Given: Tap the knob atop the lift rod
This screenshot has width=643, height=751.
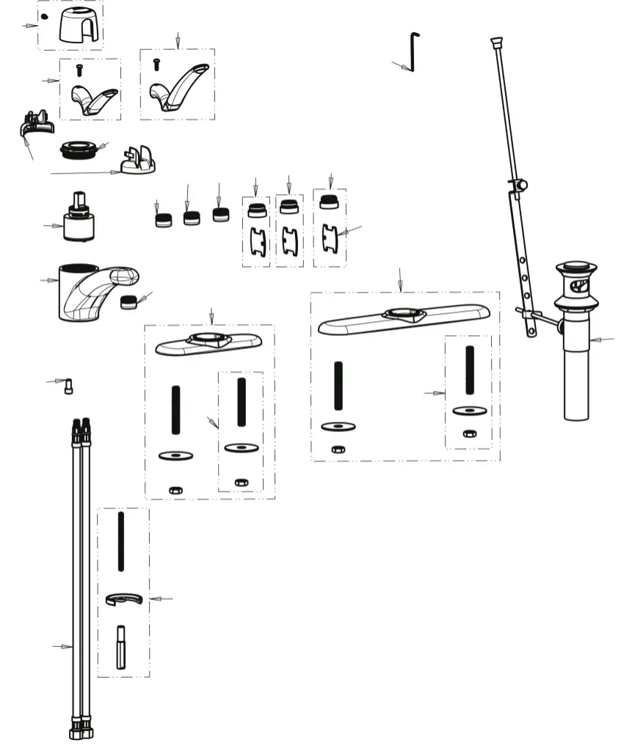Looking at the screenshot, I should pyautogui.click(x=496, y=42).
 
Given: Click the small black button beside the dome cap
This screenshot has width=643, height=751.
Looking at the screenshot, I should pyautogui.click(x=44, y=17).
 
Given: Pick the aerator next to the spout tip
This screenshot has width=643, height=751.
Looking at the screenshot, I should pyautogui.click(x=129, y=301).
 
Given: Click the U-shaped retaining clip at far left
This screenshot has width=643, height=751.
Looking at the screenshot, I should pyautogui.click(x=35, y=125).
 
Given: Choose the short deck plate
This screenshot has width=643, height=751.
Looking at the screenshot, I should pyautogui.click(x=208, y=343).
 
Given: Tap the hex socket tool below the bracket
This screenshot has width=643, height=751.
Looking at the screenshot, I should pyautogui.click(x=121, y=646).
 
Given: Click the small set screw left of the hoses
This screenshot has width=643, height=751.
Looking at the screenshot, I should pyautogui.click(x=68, y=386).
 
